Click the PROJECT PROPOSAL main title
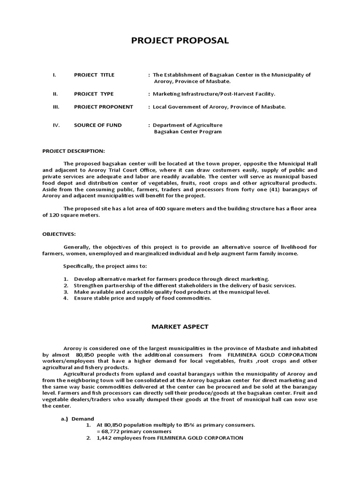(x=180, y=41)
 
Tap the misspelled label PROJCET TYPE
(x=94, y=94)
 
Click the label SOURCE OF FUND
(x=97, y=125)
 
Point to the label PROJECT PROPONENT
(x=103, y=107)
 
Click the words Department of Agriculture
(x=187, y=125)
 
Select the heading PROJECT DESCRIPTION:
(x=74, y=151)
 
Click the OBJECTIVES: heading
(x=59, y=234)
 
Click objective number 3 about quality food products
(x=172, y=292)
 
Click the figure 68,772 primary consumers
(x=134, y=431)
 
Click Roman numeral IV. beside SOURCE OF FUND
(x=54, y=125)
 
